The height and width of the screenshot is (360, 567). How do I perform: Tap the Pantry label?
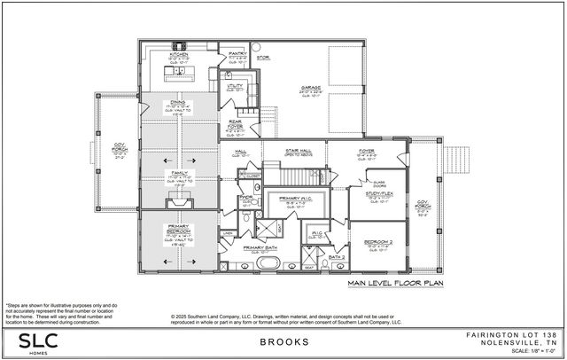tap(237, 53)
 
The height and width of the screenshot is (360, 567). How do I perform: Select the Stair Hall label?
tap(296, 152)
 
